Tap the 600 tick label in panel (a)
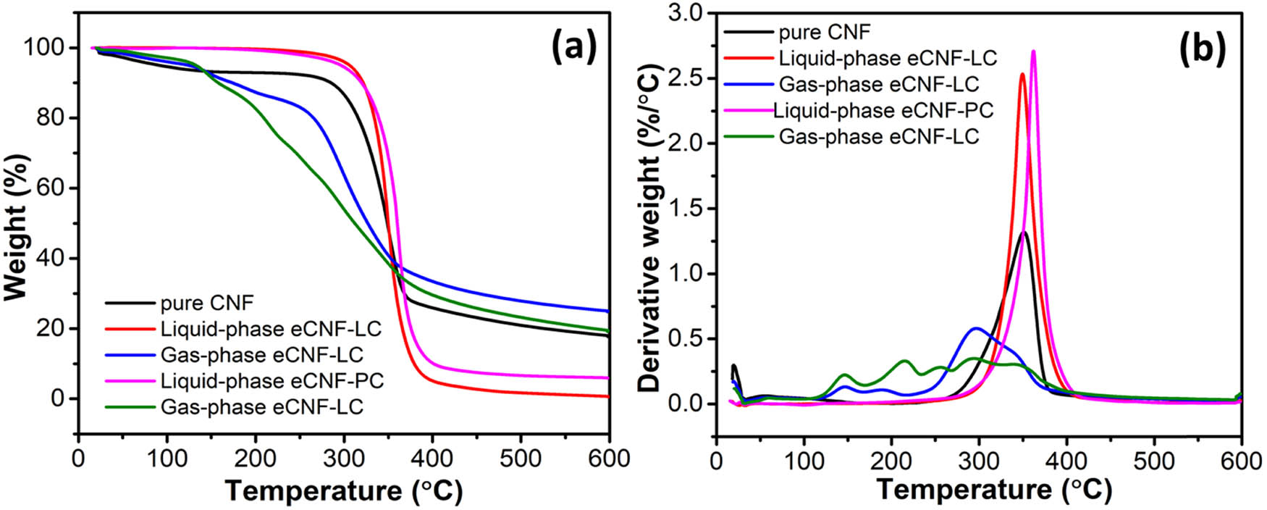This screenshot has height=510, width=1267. (x=609, y=458)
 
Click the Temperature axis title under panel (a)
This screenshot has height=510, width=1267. (x=343, y=491)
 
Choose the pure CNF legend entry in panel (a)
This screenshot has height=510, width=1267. (x=207, y=303)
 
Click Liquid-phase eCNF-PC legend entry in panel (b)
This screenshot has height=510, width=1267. (x=883, y=110)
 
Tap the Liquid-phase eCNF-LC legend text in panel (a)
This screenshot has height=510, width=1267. (x=271, y=329)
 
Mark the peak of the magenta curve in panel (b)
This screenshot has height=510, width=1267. (x=1033, y=51)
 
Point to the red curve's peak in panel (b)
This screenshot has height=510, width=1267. (x=1022, y=74)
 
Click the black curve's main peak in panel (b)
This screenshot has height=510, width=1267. (x=1024, y=233)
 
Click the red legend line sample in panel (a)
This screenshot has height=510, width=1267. (x=130, y=329)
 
